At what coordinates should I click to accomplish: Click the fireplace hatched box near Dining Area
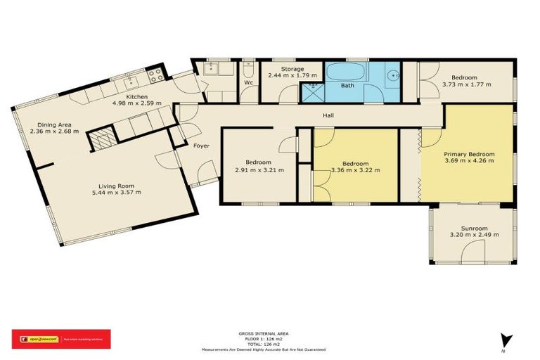click(x=103, y=139)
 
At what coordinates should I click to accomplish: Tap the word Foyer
click(x=201, y=146)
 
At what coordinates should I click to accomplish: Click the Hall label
click(x=328, y=115)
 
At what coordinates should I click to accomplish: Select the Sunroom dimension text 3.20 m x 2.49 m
click(x=469, y=236)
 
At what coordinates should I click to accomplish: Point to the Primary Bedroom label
click(x=469, y=154)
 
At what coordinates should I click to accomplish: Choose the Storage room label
click(x=292, y=69)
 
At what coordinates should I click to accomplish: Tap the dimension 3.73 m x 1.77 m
click(x=466, y=84)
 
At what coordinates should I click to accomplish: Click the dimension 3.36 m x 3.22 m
click(x=355, y=169)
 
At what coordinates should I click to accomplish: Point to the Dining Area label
click(x=54, y=124)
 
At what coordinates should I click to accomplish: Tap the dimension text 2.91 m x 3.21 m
click(x=259, y=169)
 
